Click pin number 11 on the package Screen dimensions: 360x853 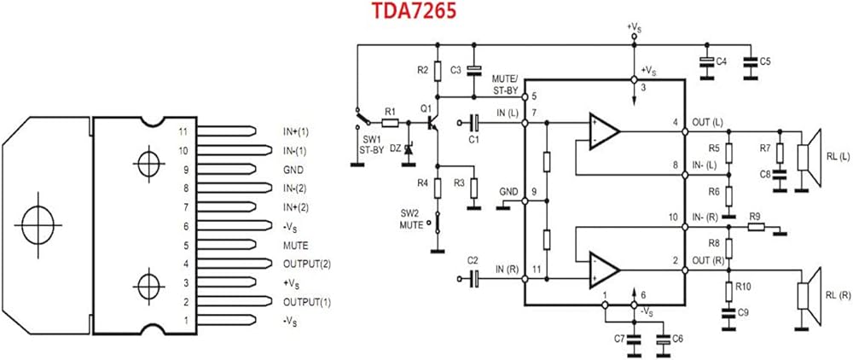pyautogui.click(x=181, y=131)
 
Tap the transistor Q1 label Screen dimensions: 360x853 pyautogui.click(x=426, y=109)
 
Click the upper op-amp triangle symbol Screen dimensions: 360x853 pyautogui.click(x=604, y=130)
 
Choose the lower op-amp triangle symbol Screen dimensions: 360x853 pyautogui.click(x=604, y=268)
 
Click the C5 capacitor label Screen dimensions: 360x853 pyautogui.click(x=765, y=61)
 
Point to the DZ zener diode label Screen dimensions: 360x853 pyautogui.click(x=394, y=148)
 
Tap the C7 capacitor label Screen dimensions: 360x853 pyautogui.click(x=618, y=340)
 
